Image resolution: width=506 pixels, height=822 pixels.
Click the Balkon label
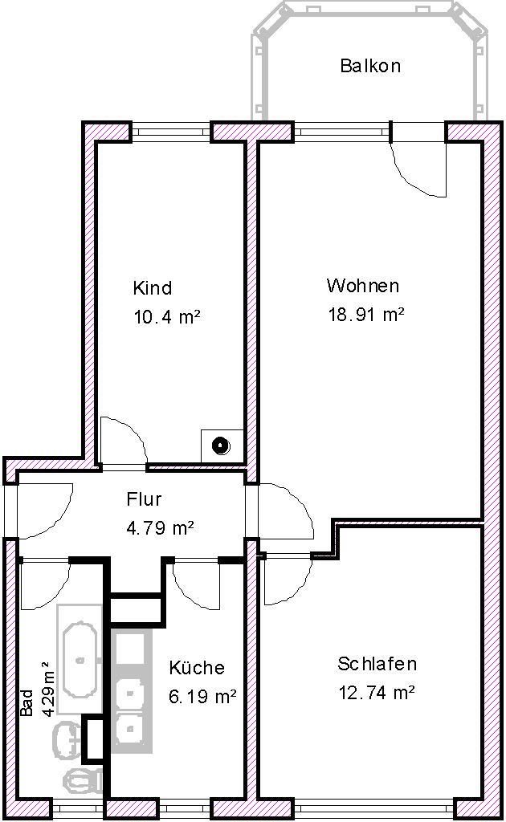(x=370, y=66)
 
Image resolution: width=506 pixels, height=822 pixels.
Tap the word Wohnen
(x=362, y=286)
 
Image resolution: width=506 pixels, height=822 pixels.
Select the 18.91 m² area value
(x=365, y=315)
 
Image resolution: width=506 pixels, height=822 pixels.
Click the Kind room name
(x=153, y=288)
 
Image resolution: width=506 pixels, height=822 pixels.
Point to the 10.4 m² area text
(x=166, y=317)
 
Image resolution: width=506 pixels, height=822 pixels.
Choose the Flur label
(x=145, y=499)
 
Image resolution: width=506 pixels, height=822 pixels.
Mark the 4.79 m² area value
(x=161, y=528)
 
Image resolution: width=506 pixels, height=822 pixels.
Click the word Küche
(x=197, y=668)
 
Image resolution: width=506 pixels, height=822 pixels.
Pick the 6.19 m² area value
(x=202, y=697)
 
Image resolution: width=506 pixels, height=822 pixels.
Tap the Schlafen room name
(x=377, y=664)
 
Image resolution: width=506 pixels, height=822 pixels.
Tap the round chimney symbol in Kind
(x=219, y=444)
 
